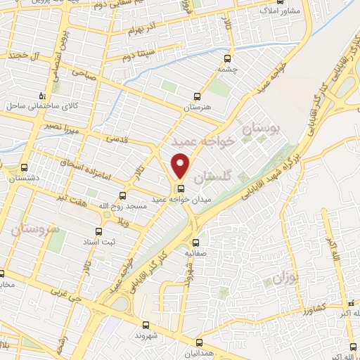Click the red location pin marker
click(x=181, y=165)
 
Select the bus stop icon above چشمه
click(x=226, y=59)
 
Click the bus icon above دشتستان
click(x=25, y=168)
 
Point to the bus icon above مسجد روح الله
click(x=123, y=195)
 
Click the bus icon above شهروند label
click(x=146, y=325)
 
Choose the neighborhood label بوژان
click(x=286, y=278)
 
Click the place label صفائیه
click(x=198, y=251)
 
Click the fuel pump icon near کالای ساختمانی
click(x=44, y=94)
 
